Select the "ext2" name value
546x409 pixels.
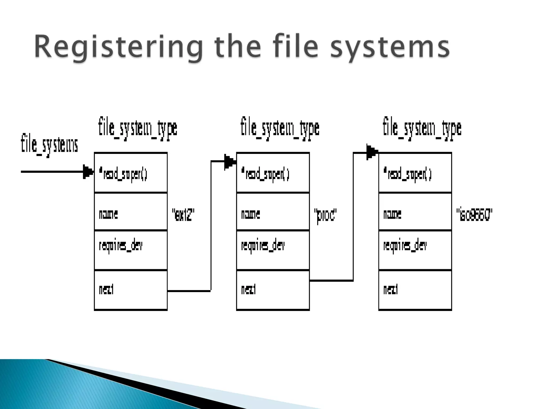pos(183,215)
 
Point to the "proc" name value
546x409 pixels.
pos(326,215)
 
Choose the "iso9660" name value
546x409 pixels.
pos(474,215)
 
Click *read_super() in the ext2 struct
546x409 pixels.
pos(123,175)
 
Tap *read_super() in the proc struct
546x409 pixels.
pos(265,175)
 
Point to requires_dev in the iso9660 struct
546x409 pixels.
pos(405,246)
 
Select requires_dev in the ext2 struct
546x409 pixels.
pos(121,246)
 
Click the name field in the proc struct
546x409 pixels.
pos(250,214)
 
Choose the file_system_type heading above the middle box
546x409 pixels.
pos(280,128)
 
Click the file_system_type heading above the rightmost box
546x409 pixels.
pos(422,128)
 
